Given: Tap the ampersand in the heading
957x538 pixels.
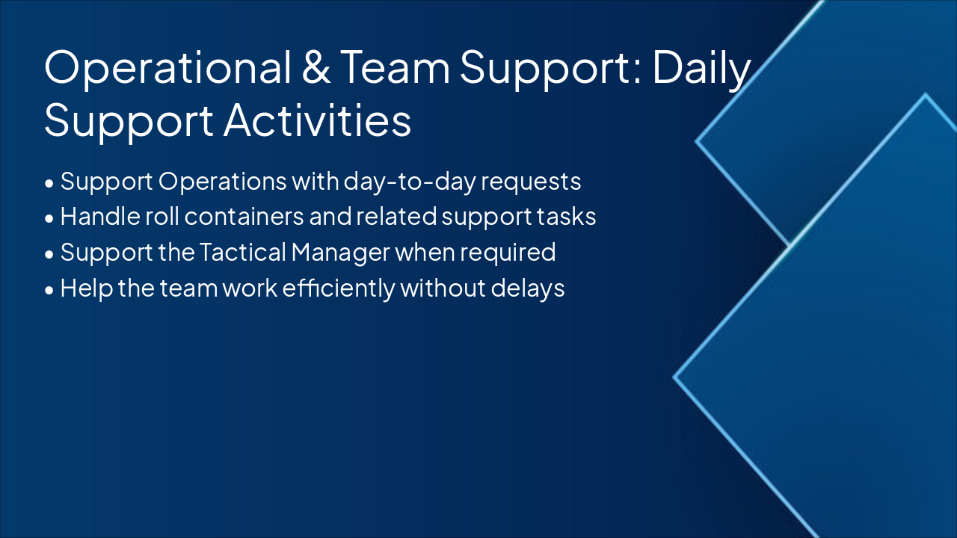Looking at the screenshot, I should [x=319, y=68].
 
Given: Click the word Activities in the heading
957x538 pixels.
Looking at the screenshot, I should [x=318, y=121].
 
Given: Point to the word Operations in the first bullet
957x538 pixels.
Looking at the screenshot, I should [x=224, y=182].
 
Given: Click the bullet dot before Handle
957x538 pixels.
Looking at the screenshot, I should [x=49, y=218].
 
